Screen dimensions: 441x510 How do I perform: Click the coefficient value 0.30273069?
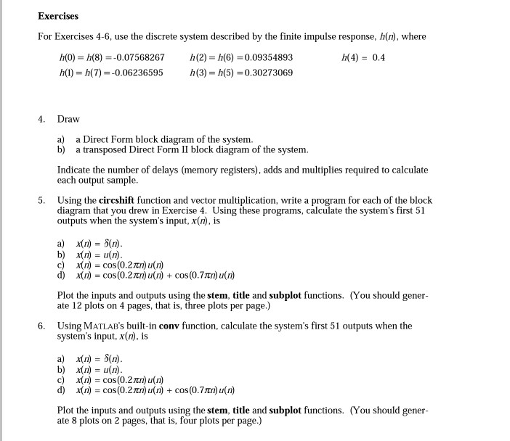click(262, 73)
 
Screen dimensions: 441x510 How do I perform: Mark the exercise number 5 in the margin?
click(42, 200)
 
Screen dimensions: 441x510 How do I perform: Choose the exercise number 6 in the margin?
click(42, 326)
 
